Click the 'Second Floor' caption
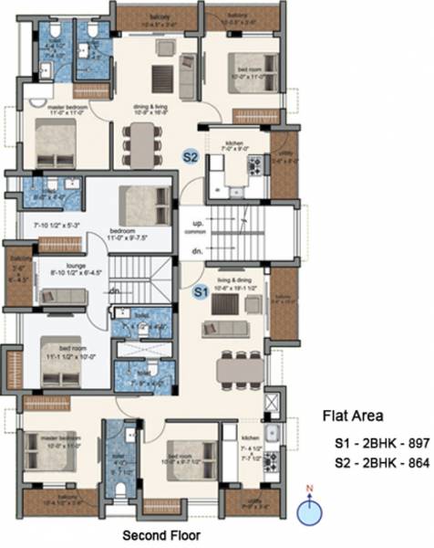click(x=163, y=534)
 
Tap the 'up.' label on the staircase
click(x=196, y=223)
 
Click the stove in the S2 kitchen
click(x=256, y=165)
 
